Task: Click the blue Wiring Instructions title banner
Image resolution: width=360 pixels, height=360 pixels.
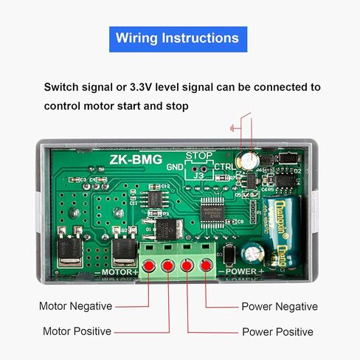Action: coord(178,38)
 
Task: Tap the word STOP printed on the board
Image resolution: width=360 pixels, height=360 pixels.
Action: coord(198,156)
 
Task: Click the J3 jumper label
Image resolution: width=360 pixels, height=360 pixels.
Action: coord(198,176)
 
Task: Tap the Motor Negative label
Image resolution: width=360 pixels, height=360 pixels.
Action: coord(75,306)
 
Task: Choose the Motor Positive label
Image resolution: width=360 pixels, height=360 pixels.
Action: coord(77,331)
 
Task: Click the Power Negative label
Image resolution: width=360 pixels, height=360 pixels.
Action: coord(279,306)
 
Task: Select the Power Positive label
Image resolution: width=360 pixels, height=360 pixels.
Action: coord(277,332)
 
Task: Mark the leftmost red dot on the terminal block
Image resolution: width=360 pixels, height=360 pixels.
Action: coord(148,265)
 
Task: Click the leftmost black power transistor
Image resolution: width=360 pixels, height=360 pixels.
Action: coord(70,247)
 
